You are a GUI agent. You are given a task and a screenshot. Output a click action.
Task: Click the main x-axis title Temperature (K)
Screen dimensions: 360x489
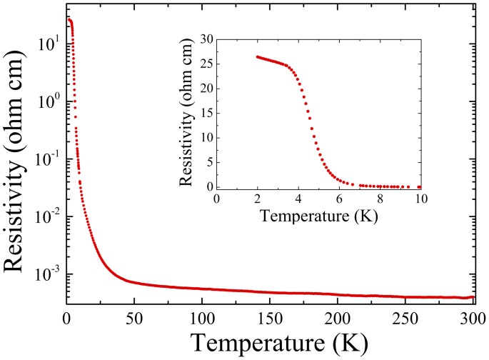270,344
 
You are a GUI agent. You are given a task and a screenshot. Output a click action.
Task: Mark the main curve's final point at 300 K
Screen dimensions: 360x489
473,296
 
